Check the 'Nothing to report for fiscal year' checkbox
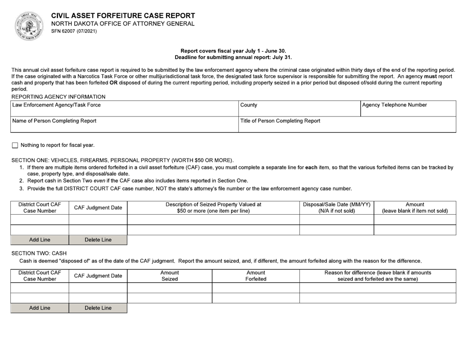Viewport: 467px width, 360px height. click(x=14, y=145)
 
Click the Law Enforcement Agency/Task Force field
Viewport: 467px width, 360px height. click(x=123, y=109)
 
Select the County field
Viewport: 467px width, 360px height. click(x=298, y=109)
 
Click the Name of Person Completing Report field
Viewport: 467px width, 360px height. click(x=123, y=125)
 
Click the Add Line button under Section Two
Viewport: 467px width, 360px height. click(x=40, y=308)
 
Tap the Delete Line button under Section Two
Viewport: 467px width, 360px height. click(x=98, y=308)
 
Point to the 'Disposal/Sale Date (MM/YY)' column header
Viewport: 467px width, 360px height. click(x=337, y=207)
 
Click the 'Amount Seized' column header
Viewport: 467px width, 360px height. click(x=170, y=276)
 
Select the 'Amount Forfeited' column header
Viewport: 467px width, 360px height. click(x=256, y=276)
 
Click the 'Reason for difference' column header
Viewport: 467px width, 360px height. click(x=378, y=276)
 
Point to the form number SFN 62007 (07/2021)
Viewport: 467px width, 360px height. click(x=74, y=31)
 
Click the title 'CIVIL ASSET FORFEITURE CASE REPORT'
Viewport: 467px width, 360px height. click(x=123, y=16)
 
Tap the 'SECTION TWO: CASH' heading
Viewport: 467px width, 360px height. click(x=39, y=253)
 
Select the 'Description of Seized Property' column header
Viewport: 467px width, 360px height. click(x=213, y=207)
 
